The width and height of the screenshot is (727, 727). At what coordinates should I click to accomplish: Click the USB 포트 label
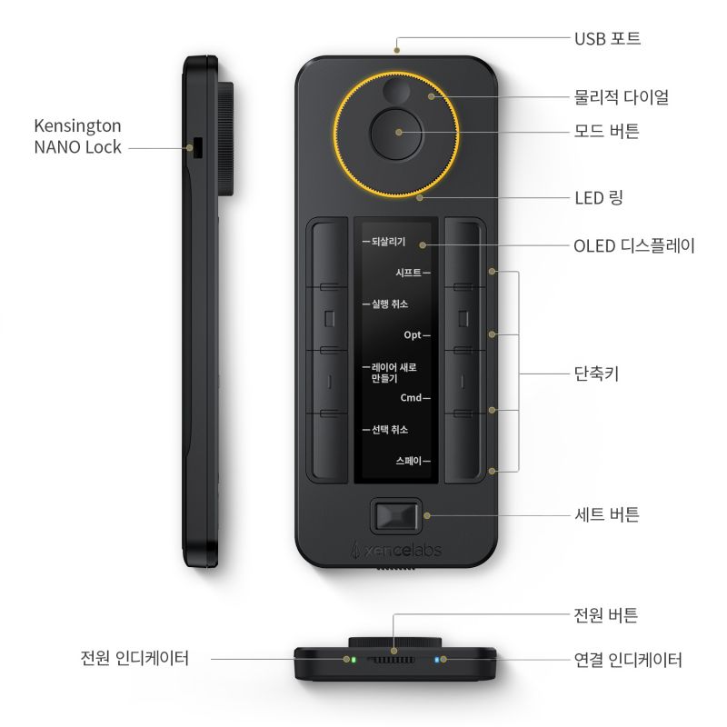[607, 38]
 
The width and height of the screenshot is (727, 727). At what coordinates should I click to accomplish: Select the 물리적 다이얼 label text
[622, 97]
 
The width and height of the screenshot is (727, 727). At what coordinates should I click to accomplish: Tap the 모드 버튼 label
[607, 131]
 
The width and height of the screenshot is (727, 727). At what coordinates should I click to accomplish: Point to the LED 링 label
[599, 198]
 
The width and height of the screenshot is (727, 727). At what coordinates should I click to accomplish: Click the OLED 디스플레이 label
[634, 245]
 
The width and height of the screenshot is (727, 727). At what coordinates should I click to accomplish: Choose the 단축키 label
[597, 373]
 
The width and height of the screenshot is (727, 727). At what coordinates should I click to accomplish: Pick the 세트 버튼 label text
[607, 514]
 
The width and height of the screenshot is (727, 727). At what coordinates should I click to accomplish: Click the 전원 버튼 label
[606, 615]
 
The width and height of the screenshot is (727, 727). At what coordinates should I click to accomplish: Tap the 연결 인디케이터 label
[628, 660]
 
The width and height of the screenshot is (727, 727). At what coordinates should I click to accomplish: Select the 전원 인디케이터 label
[134, 658]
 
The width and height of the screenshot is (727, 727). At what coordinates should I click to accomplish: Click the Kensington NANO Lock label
[78, 136]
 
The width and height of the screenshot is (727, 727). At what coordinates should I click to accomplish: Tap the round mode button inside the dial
[397, 134]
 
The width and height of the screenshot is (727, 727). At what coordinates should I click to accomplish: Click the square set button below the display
[395, 516]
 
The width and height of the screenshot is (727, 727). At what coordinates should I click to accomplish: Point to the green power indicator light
[354, 660]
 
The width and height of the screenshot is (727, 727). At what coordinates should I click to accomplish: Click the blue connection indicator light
[436, 660]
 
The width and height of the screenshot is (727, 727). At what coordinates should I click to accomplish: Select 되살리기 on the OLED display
[389, 242]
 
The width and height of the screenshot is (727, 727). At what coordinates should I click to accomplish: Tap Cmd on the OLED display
[411, 397]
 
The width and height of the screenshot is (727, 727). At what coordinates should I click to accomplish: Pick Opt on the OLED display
[413, 334]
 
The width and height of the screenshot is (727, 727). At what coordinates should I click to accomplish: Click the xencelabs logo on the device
[396, 550]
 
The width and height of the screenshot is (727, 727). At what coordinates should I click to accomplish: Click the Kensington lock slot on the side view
[198, 148]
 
